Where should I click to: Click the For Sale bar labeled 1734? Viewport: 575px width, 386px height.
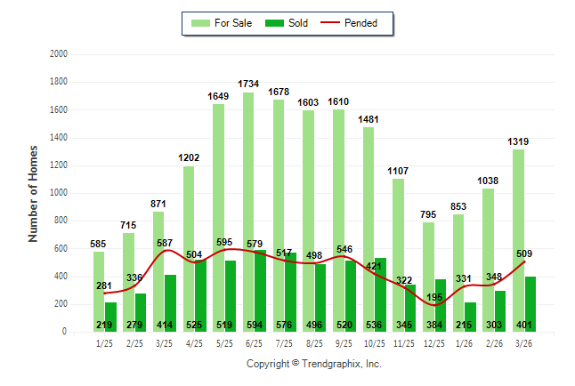[247, 178]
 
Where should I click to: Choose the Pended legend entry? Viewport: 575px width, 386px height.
[356, 23]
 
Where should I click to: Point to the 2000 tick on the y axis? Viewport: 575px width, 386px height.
[59, 54]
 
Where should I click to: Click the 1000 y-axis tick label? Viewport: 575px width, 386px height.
[59, 193]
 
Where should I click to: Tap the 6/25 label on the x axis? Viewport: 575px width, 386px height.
[255, 344]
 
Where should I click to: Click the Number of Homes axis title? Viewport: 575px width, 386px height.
[34, 193]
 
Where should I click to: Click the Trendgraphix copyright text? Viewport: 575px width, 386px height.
[313, 364]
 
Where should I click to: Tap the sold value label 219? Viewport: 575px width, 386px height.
[105, 325]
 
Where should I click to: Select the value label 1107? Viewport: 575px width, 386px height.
[398, 171]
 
